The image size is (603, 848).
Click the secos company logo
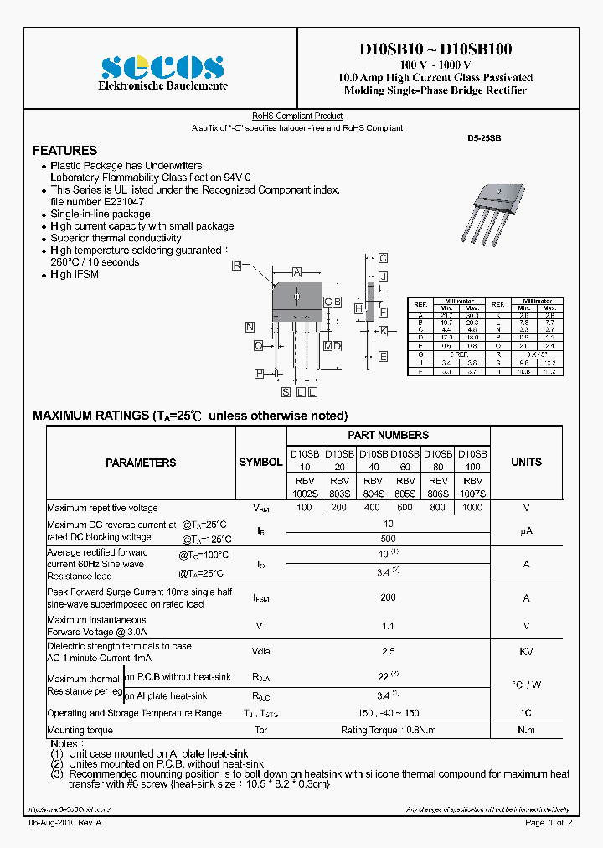pos(162,66)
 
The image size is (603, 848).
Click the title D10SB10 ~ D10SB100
pos(435,50)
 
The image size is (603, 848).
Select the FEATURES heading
pos(64,151)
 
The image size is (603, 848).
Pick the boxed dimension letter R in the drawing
pos(237,266)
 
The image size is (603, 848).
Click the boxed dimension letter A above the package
pos(296,272)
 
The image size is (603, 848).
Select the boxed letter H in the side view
pos(358,309)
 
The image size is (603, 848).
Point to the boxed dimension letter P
pos(260,373)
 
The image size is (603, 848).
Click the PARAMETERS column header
pos(141,463)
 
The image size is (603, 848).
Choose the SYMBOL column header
pos(261,463)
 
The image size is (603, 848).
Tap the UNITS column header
pos(526,463)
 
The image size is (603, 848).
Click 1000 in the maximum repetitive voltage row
pos(472,508)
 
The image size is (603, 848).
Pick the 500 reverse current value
pos(388,538)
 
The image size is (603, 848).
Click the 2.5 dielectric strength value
pos(388,651)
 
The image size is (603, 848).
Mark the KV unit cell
pos(526,651)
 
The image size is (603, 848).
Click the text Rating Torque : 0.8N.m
pos(388,730)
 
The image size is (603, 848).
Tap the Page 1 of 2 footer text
pos(549,823)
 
